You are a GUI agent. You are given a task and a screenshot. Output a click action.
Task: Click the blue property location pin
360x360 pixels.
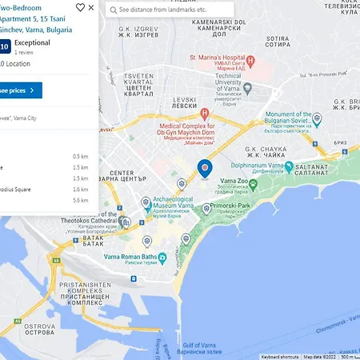tap(205, 168)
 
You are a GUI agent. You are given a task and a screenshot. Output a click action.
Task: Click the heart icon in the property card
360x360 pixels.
tap(80, 7)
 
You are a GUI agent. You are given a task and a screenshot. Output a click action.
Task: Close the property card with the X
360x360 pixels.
tap(91, 7)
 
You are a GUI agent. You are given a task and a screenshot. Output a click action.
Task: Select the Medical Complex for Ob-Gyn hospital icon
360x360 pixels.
tap(206, 114)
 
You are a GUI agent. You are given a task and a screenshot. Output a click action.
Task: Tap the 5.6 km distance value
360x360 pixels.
tap(80, 201)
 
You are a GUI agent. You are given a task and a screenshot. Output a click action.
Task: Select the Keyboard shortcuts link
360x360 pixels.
tap(280, 356)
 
